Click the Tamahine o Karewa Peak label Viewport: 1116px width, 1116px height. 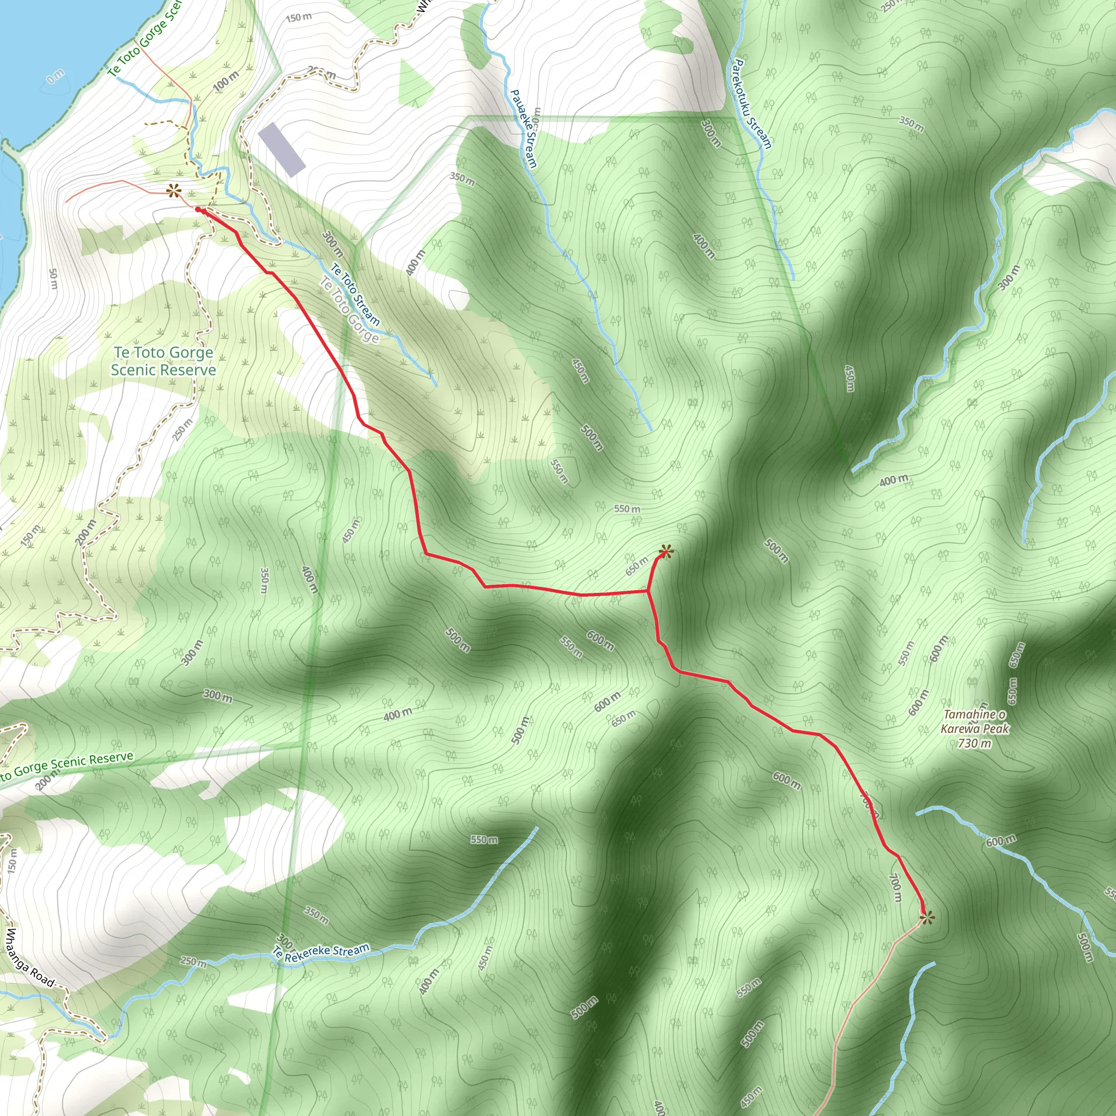tap(974, 721)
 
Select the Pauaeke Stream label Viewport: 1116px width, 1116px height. tap(524, 128)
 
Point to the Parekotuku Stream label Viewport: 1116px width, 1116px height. tap(751, 104)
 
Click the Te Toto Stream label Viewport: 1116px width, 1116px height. tap(355, 295)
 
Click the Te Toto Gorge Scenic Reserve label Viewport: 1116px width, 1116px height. tap(163, 361)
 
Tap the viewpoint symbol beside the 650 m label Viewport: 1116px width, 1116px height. tap(665, 552)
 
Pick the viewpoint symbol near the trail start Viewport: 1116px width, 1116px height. tap(173, 191)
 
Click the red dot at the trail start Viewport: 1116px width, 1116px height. tap(198, 210)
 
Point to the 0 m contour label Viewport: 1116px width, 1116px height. tap(56, 76)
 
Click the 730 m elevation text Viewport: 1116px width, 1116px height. tap(974, 743)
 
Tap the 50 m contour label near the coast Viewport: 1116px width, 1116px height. tap(53, 279)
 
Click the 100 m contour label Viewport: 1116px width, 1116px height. tap(226, 81)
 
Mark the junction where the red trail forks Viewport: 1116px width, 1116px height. tap(648, 591)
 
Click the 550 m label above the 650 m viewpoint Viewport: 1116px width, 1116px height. tap(627, 509)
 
